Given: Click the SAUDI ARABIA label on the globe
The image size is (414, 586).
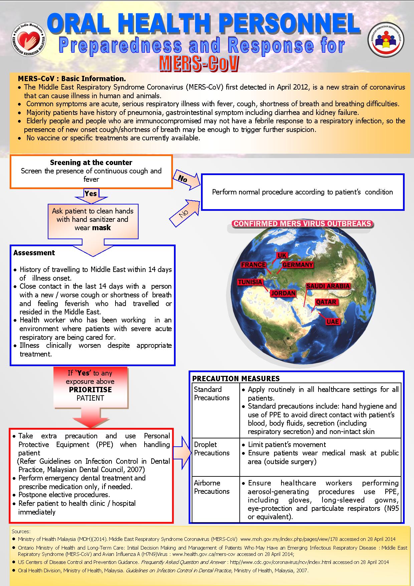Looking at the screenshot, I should pos(328,286).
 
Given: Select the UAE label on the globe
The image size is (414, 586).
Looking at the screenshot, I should pos(333,321).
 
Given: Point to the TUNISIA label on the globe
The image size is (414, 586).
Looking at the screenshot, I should pos(250,282).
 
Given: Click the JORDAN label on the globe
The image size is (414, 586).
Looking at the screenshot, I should pos(283,293).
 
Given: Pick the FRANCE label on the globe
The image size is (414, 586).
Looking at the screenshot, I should pos(253,265).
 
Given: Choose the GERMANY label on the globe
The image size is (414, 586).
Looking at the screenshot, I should pos(298,265).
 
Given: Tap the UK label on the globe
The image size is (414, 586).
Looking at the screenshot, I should pos(282,256).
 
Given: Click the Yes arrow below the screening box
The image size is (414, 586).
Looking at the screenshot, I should pos(90,194).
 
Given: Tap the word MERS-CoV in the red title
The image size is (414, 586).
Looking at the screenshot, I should pos(199,63).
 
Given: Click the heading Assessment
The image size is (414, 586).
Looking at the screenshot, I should pos(34,253).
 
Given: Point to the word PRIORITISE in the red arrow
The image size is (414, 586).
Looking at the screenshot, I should pos(90,390).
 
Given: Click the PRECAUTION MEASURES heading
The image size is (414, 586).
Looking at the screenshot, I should pos(236,379).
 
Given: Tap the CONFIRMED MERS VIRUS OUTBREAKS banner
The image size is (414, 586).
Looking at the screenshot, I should pos(302,224).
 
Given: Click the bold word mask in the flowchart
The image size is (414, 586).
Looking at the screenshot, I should pos(102,228).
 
